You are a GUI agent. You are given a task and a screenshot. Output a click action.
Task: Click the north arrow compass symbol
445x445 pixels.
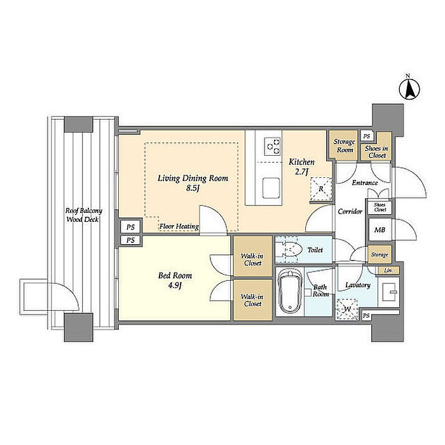coord(409,90)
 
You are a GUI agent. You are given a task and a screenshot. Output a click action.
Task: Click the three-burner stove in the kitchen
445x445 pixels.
coord(272,146)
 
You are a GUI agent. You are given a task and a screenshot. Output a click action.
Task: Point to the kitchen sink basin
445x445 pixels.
coord(271,188)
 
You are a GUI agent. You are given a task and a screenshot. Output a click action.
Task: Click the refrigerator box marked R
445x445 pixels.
coord(321,189)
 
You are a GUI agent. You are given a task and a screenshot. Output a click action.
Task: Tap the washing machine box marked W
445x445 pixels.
coord(347,309)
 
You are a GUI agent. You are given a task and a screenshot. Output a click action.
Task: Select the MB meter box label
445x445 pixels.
coord(380,229)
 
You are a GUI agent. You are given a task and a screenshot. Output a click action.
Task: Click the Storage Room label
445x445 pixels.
coord(345,146)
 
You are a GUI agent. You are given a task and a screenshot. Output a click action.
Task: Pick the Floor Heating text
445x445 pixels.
coord(179,226)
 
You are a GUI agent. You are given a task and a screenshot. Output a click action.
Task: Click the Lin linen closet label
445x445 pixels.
coord(388,270)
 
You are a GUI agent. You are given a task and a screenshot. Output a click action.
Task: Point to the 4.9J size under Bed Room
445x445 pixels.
coord(175,285)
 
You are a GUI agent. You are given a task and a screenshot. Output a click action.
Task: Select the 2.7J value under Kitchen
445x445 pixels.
coord(301,172)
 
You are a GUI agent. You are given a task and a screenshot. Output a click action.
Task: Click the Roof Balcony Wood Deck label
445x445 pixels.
coord(83,215)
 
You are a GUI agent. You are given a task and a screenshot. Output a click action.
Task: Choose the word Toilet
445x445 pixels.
coord(315,250)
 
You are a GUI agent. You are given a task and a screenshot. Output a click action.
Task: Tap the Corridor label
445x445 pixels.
coord(350,212)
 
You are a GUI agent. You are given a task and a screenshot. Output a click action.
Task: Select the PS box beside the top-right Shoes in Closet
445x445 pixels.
coord(367,136)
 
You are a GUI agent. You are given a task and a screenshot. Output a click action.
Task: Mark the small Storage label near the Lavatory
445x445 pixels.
coord(380,255)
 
